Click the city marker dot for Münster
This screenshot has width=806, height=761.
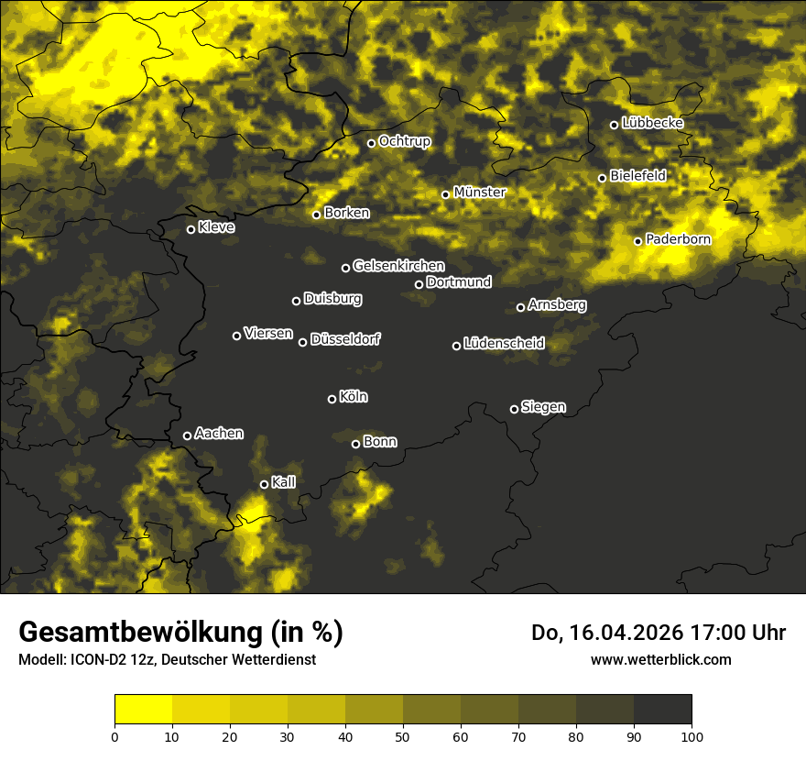click(446, 194)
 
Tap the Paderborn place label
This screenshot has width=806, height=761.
click(678, 239)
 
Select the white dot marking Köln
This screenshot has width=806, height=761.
click(332, 399)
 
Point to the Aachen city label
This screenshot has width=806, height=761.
click(219, 434)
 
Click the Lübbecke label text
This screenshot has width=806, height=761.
click(652, 123)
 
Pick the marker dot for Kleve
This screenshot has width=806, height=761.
click(191, 229)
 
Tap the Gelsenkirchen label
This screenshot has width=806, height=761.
click(398, 266)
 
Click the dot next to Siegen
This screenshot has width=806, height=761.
click(514, 409)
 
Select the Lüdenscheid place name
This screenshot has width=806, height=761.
click(504, 344)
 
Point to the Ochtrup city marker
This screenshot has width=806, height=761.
click(372, 143)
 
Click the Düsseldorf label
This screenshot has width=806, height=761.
click(345, 340)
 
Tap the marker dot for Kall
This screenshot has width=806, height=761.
click(265, 484)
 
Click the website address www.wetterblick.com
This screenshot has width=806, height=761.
click(660, 659)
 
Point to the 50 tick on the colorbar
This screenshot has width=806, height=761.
click(403, 735)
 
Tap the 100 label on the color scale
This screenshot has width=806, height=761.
click(692, 735)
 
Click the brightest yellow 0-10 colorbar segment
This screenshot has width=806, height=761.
click(144, 710)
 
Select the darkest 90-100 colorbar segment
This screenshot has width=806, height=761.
click(662, 710)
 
